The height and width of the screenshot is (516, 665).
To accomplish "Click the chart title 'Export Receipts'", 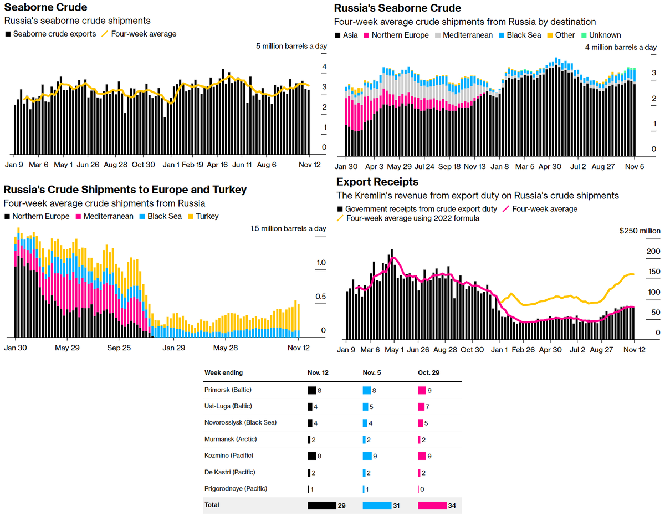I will [x=377, y=182].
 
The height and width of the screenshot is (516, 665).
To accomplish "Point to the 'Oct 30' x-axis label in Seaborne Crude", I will [x=143, y=165].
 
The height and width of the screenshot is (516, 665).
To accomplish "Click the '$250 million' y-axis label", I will [x=640, y=231].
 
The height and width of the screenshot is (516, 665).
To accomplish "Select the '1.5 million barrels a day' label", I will [x=288, y=228].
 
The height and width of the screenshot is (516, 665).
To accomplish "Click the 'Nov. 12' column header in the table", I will [x=318, y=372].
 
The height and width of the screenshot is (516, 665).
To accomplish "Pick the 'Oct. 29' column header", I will [x=428, y=372].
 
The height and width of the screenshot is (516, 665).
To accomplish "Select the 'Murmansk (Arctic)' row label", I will [x=231, y=439].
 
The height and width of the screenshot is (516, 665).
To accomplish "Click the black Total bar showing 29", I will [x=322, y=505].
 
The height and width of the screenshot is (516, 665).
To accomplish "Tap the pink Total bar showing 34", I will [x=432, y=505].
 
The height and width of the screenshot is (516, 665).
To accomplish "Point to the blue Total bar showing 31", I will [x=377, y=505].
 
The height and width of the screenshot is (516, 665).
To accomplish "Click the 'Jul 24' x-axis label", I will [x=424, y=166].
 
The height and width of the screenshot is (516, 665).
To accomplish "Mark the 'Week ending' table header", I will [x=223, y=372].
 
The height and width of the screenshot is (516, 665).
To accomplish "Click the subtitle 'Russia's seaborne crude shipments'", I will [x=78, y=21].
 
